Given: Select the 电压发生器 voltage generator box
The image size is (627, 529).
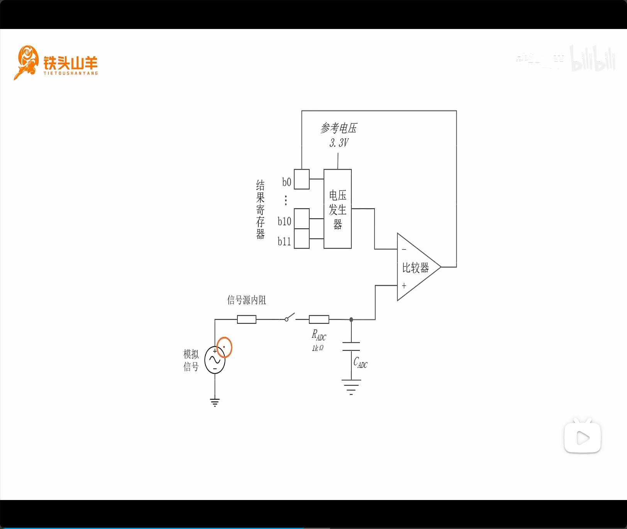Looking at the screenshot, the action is coord(337,209).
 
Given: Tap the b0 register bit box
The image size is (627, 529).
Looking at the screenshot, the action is coord(302,179).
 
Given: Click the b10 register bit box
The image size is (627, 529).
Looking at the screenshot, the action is coord(302,219).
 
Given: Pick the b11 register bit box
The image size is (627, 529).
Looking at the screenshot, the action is coord(302,238).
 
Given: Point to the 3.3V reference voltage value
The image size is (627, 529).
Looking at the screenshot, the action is coord(339,143).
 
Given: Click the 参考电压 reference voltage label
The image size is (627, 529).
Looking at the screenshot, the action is coord(339,128).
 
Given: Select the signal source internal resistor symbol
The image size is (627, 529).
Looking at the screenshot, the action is coord(246,320).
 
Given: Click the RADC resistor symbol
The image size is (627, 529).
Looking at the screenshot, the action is coord(319,320).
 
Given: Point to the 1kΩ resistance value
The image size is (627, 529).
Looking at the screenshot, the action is coord(317,348).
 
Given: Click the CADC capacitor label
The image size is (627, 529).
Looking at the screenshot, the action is coord(360,363).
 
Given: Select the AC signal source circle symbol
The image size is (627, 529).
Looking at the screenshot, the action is coord(215,360).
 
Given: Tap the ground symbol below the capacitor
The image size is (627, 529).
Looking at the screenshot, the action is coord(351,387).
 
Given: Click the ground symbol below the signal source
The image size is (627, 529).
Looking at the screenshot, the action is coord(215,402).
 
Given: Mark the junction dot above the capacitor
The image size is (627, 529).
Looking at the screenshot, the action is coord(351,320).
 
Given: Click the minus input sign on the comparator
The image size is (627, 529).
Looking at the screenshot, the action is coord(404,250).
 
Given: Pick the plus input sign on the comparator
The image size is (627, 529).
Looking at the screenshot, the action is coord(404,286).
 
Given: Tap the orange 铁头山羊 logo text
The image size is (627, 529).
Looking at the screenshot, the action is coord(70,63).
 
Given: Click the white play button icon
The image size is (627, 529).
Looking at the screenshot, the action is coord(582,438).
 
